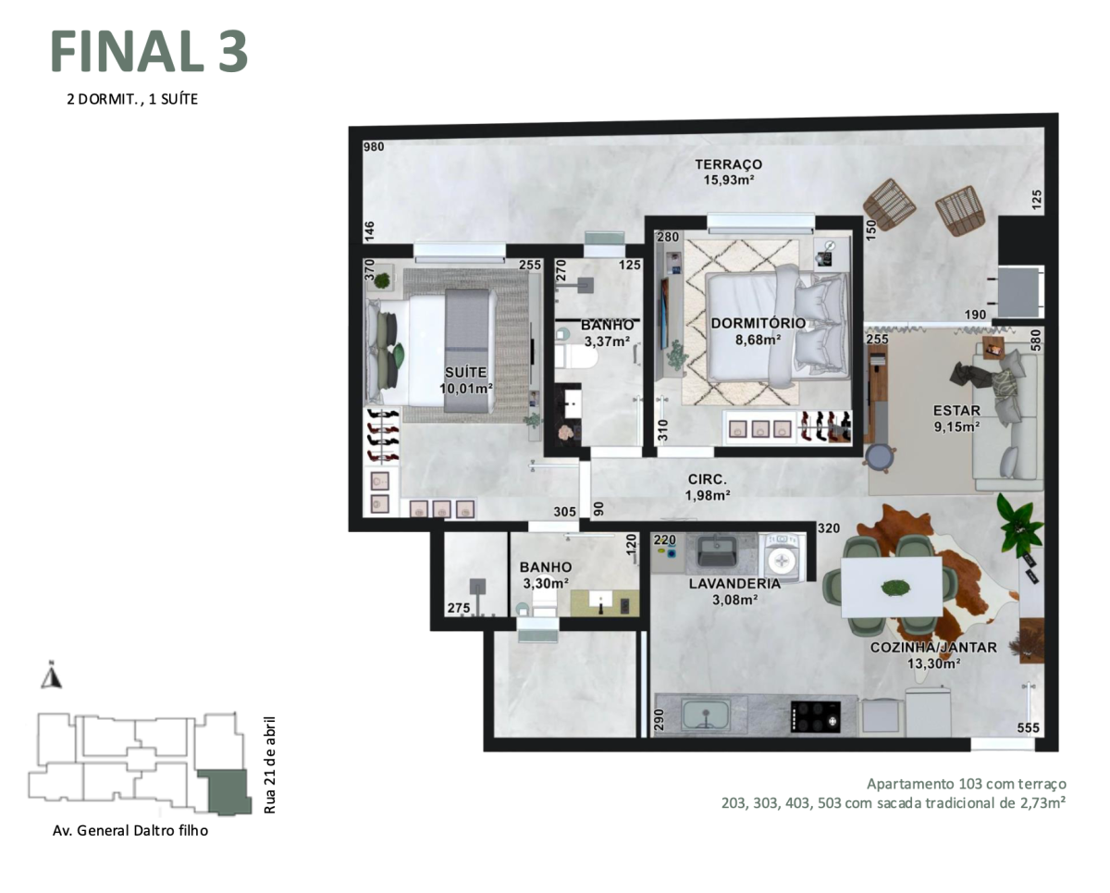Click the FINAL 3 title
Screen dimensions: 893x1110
tap(149, 52)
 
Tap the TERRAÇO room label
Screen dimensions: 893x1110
tap(728, 165)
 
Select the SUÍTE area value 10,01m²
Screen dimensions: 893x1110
tap(466, 389)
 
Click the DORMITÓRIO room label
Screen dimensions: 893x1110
tap(758, 323)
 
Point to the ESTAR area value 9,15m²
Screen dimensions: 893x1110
tap(956, 427)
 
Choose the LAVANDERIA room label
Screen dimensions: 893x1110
tap(734, 584)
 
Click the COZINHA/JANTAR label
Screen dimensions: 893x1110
tap(932, 648)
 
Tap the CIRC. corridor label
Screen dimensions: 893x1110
tap(708, 479)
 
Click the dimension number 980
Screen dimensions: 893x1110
tap(374, 147)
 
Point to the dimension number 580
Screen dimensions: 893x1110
tap(1037, 339)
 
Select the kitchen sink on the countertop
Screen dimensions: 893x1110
tap(706, 714)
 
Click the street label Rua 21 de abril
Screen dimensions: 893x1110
tap(270, 763)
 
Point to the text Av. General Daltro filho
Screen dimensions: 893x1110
tap(130, 830)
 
